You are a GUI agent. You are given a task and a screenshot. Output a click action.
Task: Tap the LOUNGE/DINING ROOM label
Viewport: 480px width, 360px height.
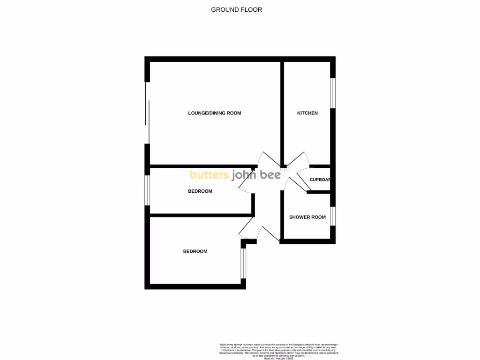click(x=214, y=113)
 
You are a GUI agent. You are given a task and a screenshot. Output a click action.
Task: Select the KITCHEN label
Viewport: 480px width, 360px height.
click(x=307, y=113)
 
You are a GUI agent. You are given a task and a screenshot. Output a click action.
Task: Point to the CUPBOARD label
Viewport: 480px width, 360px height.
click(x=320, y=180)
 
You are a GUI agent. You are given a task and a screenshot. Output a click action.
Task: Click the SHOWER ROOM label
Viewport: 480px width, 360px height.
click(x=307, y=217)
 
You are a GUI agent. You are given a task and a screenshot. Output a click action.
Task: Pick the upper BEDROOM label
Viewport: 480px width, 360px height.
click(x=200, y=191)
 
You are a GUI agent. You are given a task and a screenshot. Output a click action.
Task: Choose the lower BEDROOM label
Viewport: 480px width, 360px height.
click(x=195, y=251)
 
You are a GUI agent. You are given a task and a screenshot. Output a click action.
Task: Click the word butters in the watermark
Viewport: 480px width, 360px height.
click(x=209, y=175)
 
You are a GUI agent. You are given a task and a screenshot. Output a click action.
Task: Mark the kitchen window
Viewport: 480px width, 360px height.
click(x=333, y=93)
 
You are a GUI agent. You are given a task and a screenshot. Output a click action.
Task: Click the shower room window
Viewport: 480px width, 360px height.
click(x=333, y=216)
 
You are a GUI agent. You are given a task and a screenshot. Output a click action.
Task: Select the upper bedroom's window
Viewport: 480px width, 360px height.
click(x=147, y=190)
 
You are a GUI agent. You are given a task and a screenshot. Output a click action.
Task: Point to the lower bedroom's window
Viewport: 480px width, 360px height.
click(x=243, y=263)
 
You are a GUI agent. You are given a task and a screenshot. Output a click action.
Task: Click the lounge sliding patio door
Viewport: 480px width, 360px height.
click(x=148, y=113)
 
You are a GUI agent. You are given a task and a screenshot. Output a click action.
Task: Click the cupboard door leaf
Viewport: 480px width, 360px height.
click(x=302, y=180)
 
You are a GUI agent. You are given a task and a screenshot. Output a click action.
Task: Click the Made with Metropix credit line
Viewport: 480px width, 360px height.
click(x=279, y=358)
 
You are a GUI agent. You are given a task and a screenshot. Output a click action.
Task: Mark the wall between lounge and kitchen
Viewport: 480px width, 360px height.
click(x=283, y=113)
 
